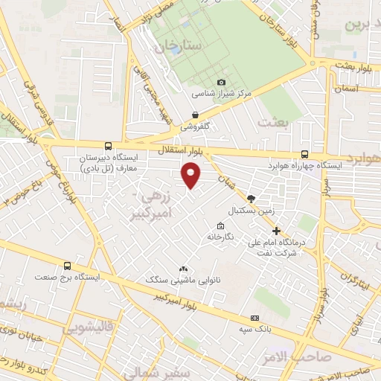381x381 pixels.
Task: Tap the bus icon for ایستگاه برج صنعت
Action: (68, 266)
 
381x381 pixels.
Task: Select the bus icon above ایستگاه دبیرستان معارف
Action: (109, 147)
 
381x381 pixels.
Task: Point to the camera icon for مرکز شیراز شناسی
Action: (221, 83)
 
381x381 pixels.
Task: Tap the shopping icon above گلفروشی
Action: (195, 115)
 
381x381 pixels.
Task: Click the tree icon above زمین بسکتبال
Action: (251, 199)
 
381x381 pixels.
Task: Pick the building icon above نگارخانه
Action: (220, 226)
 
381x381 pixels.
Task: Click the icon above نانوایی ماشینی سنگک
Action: (183, 269)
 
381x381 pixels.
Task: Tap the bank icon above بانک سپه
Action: (255, 318)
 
